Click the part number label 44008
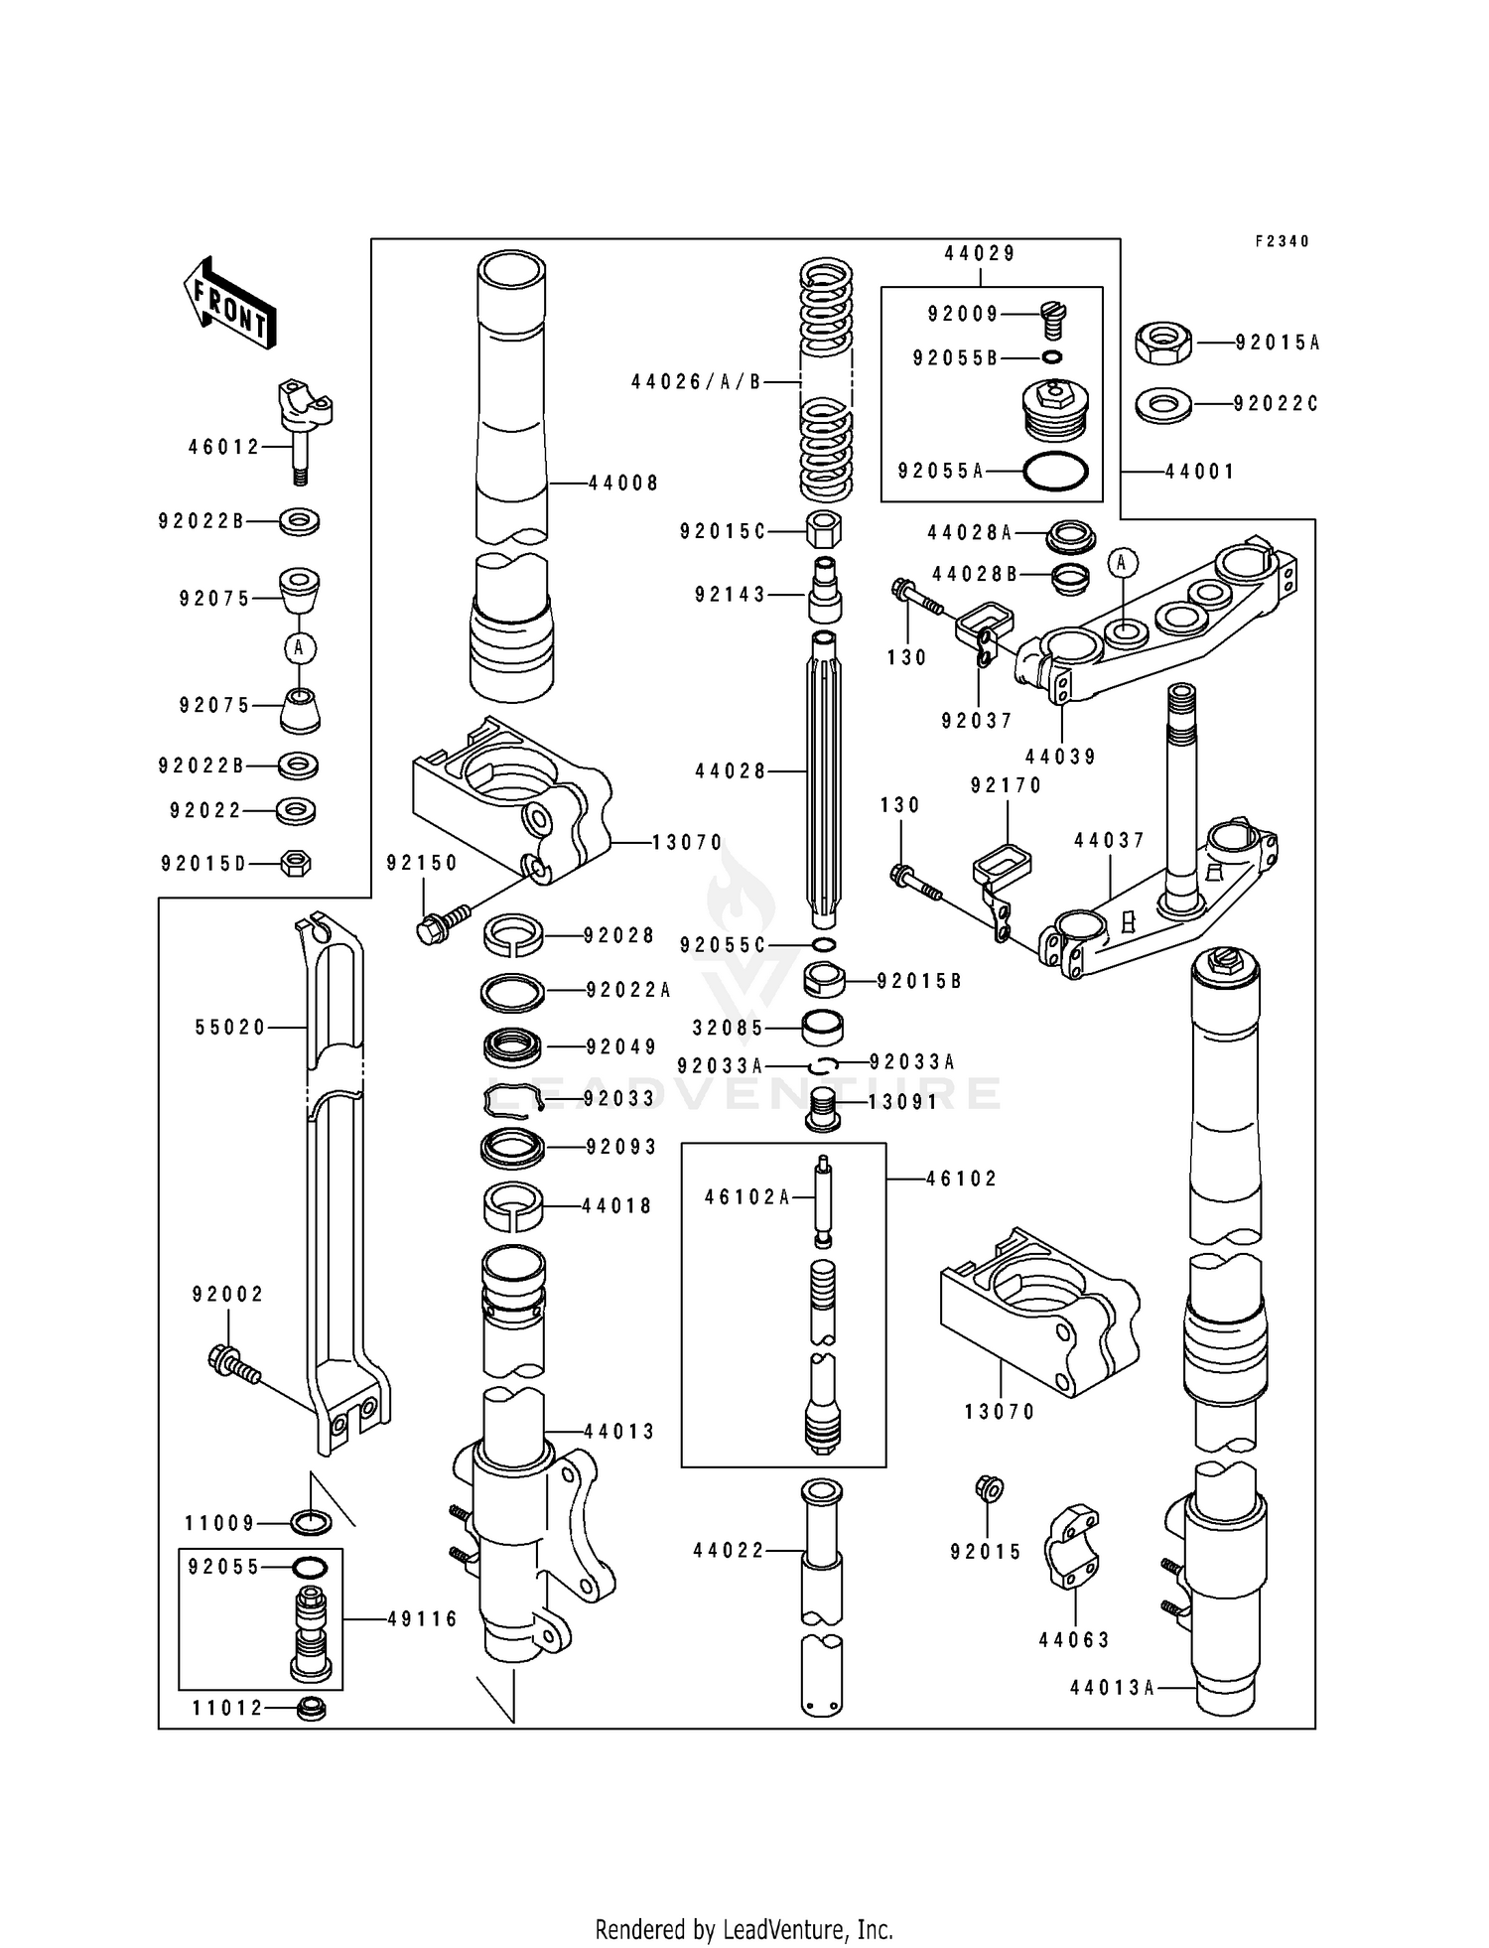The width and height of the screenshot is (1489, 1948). point(623,484)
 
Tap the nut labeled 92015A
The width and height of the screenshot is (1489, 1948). point(1162,343)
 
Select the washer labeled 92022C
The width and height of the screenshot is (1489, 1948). point(1162,405)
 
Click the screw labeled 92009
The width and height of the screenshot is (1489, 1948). point(1053,320)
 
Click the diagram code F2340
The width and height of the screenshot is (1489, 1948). point(1282,241)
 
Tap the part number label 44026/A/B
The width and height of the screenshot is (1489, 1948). point(696,382)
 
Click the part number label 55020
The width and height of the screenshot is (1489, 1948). point(230,1028)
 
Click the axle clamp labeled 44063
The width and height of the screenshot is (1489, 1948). point(1073,1549)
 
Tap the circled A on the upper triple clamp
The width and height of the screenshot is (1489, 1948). point(1123,563)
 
